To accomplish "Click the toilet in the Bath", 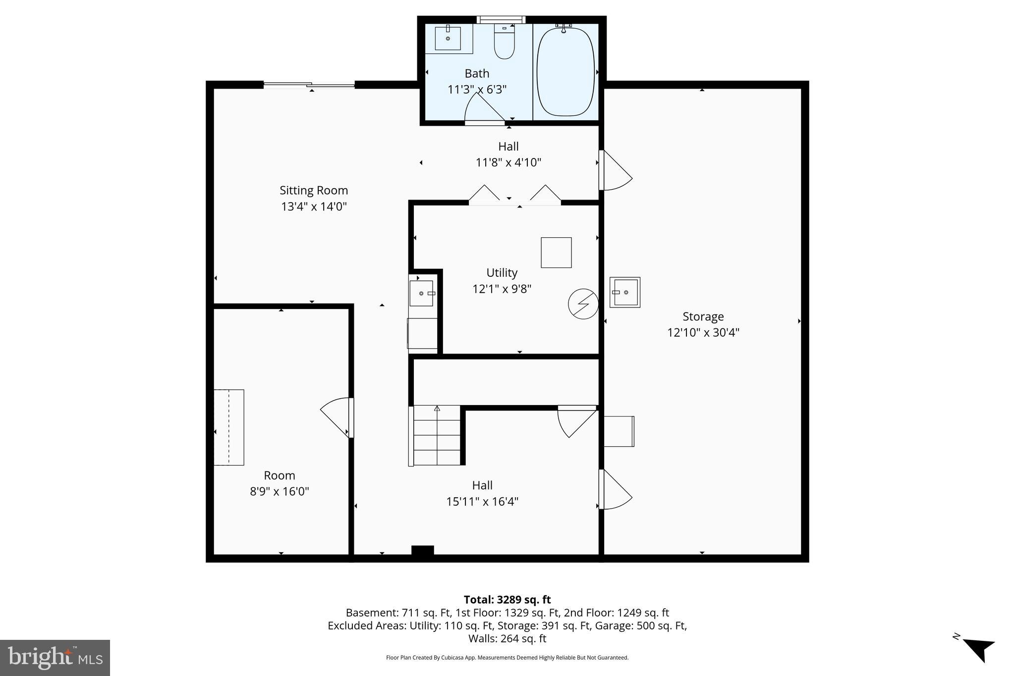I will [x=505, y=43].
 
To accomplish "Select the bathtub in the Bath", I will [x=565, y=71].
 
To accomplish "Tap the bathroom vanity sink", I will [x=448, y=38].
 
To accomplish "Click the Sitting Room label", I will [x=314, y=190].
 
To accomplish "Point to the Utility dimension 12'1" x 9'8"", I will [x=502, y=289].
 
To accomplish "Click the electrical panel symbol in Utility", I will [x=583, y=304].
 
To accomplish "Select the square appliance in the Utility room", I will [x=556, y=253].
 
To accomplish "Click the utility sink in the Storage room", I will [x=624, y=292].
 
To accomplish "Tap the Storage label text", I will [x=703, y=316].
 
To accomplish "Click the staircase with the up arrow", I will [x=437, y=435].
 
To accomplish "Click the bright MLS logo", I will [x=55, y=658].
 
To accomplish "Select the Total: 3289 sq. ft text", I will [x=507, y=600].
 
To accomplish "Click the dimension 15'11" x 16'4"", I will [x=482, y=502].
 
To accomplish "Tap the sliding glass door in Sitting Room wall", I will [x=309, y=85].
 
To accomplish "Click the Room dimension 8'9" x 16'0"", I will [x=279, y=492].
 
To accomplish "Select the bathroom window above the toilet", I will [x=501, y=20].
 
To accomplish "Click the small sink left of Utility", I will [x=421, y=293].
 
